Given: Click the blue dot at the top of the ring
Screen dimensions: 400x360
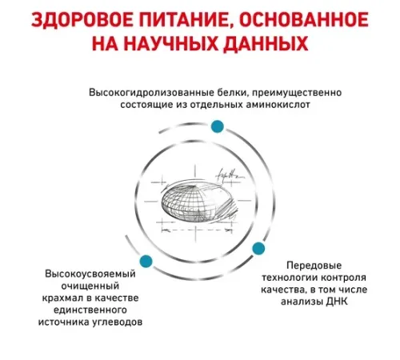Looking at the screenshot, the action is (218, 126).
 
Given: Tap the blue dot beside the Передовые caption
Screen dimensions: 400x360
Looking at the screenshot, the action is (258, 249).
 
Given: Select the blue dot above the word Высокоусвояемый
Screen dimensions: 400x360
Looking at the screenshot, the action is (146, 262).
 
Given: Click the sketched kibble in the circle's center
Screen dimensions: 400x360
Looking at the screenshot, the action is (198, 202).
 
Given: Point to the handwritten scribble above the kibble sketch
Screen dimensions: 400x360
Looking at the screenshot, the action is (230, 174).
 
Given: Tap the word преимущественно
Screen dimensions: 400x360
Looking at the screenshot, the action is (296, 93).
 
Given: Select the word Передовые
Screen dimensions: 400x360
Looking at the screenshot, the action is (314, 266).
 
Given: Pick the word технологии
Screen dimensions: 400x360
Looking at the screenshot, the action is (289, 278).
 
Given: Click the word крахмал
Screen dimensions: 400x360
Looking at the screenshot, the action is (63, 298).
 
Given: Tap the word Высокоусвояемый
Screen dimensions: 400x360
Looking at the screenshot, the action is (90, 274).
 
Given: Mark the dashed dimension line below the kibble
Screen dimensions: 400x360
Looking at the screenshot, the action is (196, 230).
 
